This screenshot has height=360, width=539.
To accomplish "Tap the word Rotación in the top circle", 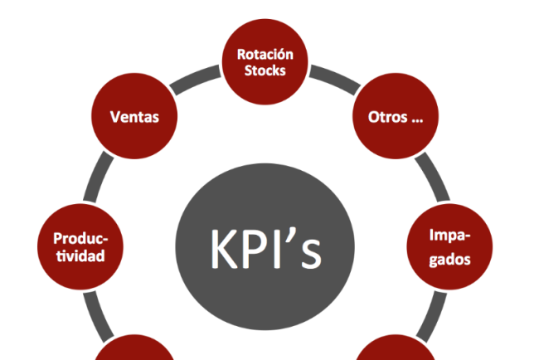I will (x=265, y=54).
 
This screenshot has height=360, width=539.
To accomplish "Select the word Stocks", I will (x=265, y=71).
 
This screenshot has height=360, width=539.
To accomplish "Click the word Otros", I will (x=386, y=117).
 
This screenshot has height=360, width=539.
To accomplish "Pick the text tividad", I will (x=80, y=256).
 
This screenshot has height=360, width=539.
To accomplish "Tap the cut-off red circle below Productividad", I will (x=133, y=352).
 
